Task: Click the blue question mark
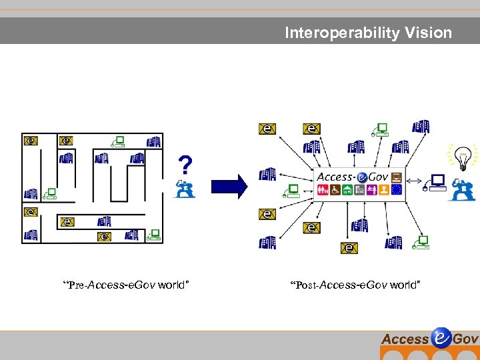tap(186, 165)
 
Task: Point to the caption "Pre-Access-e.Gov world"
tap(126, 285)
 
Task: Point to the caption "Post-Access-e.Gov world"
tap(355, 285)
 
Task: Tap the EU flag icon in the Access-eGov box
tap(397, 190)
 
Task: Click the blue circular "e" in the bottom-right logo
tap(441, 338)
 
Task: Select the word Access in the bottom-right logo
tap(405, 339)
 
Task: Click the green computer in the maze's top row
tap(119, 141)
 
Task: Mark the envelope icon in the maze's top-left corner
tap(31, 141)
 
